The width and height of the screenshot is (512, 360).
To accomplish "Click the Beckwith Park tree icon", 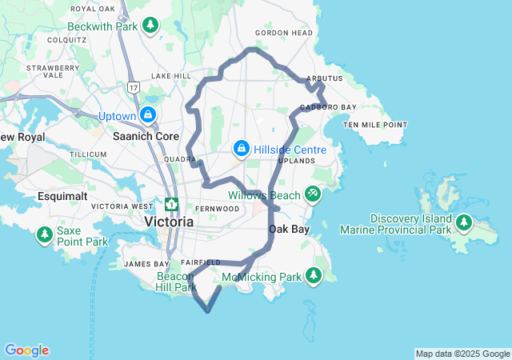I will (x=150, y=26).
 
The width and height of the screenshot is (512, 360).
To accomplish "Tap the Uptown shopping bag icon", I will (x=149, y=116).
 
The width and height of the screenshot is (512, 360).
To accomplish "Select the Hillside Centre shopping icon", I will (x=241, y=150).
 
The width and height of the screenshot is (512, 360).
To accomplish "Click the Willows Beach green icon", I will (x=313, y=194).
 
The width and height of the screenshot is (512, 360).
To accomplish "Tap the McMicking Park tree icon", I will (x=314, y=277).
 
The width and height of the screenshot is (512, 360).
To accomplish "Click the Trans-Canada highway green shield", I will (x=171, y=205).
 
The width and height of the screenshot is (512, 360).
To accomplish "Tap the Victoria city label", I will (x=168, y=221).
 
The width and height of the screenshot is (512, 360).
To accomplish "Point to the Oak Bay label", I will (x=288, y=229).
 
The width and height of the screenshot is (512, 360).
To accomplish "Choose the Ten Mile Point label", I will (x=375, y=125).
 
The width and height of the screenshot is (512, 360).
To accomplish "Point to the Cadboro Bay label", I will (x=328, y=107).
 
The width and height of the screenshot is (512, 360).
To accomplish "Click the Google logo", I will (x=26, y=350).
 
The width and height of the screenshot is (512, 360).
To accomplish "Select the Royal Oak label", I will (x=93, y=9).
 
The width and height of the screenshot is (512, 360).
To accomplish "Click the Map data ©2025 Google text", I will (x=462, y=354).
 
